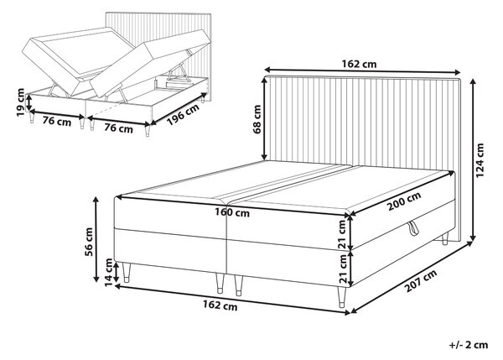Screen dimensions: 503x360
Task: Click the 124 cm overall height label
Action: click(x=480, y=160)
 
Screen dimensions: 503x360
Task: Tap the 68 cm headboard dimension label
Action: click(x=257, y=119)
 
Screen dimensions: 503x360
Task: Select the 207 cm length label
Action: click(x=421, y=281)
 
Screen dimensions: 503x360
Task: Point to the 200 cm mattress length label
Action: click(x=404, y=201)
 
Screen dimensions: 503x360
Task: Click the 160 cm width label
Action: click(x=232, y=212)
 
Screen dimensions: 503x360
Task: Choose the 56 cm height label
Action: click(x=88, y=242)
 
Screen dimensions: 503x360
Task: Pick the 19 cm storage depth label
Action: click(x=20, y=102)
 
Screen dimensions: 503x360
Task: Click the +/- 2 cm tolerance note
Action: click(x=469, y=345)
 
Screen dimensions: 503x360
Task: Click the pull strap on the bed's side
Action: click(x=413, y=228)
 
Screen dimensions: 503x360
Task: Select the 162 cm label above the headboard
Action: click(x=359, y=64)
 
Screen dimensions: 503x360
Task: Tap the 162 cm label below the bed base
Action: click(x=220, y=305)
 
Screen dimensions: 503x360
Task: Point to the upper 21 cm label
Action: click(x=343, y=234)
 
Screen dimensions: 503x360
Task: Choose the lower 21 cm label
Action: click(x=343, y=269)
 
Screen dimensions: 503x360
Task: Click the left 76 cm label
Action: click(x=57, y=122)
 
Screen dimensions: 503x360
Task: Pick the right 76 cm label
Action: click(x=118, y=128)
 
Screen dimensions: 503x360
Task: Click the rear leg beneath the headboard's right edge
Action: click(x=444, y=239)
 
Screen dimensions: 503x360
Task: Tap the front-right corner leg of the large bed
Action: click(x=341, y=297)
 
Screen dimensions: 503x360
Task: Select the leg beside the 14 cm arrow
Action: click(x=126, y=273)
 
